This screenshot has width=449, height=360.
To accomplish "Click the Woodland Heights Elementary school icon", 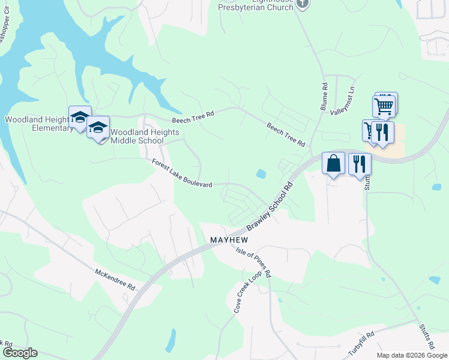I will click(x=80, y=117).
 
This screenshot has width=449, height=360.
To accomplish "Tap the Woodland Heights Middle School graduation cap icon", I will click(x=98, y=127).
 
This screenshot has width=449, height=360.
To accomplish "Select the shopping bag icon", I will click(x=333, y=163).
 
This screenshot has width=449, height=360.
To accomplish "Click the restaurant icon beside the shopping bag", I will click(x=360, y=163).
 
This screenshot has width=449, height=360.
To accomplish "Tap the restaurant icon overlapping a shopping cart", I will click(x=382, y=132).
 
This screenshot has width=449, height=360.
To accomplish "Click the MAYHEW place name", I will click(x=229, y=239).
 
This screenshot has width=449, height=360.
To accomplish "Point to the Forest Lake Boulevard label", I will click(x=182, y=173).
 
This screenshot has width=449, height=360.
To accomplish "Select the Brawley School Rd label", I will click(x=272, y=206).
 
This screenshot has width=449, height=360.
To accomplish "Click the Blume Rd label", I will click(x=324, y=97).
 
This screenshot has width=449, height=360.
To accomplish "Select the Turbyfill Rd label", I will click(x=361, y=343).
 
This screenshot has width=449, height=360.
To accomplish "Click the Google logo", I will click(x=20, y=353).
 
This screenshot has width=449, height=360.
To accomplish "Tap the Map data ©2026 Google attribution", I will click(x=412, y=355).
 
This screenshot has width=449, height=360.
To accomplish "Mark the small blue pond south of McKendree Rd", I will click(x=171, y=340).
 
